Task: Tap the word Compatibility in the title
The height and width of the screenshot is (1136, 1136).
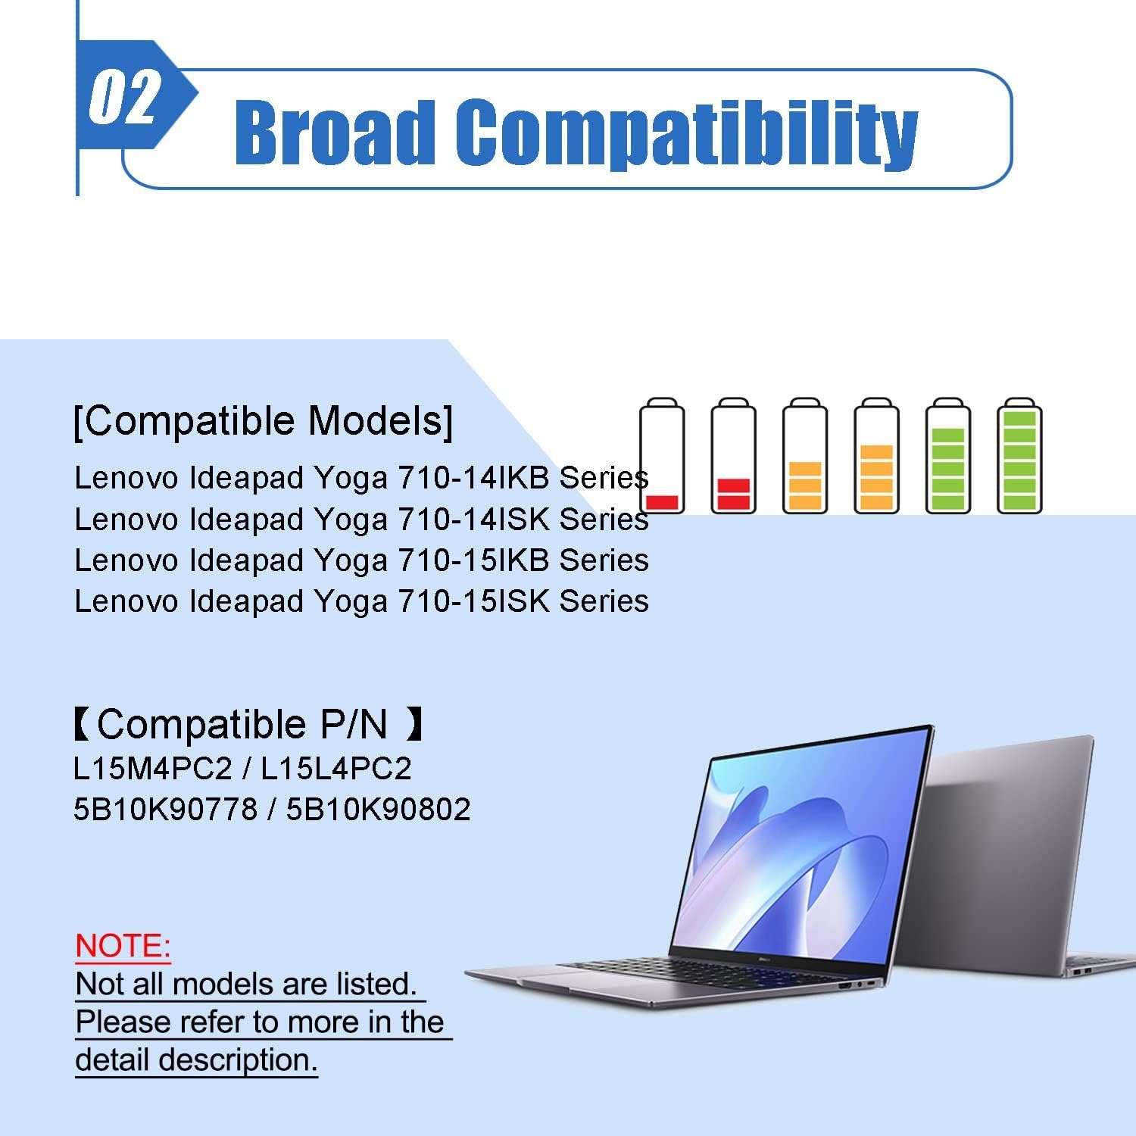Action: pos(687,134)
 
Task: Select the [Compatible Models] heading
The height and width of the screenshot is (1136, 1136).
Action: pos(264,421)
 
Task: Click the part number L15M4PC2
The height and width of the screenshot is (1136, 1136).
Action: pos(153,769)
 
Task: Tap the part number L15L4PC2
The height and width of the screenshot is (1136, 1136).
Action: pos(336,769)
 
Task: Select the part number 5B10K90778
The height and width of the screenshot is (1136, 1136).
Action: pos(166,810)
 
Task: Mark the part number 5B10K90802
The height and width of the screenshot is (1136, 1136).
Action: pos(378,810)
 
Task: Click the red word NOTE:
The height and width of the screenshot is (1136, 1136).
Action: pos(123,947)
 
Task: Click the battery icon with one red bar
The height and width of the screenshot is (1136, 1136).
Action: pos(662,456)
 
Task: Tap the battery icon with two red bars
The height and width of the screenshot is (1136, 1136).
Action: pos(733,456)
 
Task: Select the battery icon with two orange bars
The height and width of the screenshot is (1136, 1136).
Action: pos(805,456)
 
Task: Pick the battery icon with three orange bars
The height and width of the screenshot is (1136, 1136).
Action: pos(876,456)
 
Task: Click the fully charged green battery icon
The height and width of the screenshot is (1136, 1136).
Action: pos(1019,456)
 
